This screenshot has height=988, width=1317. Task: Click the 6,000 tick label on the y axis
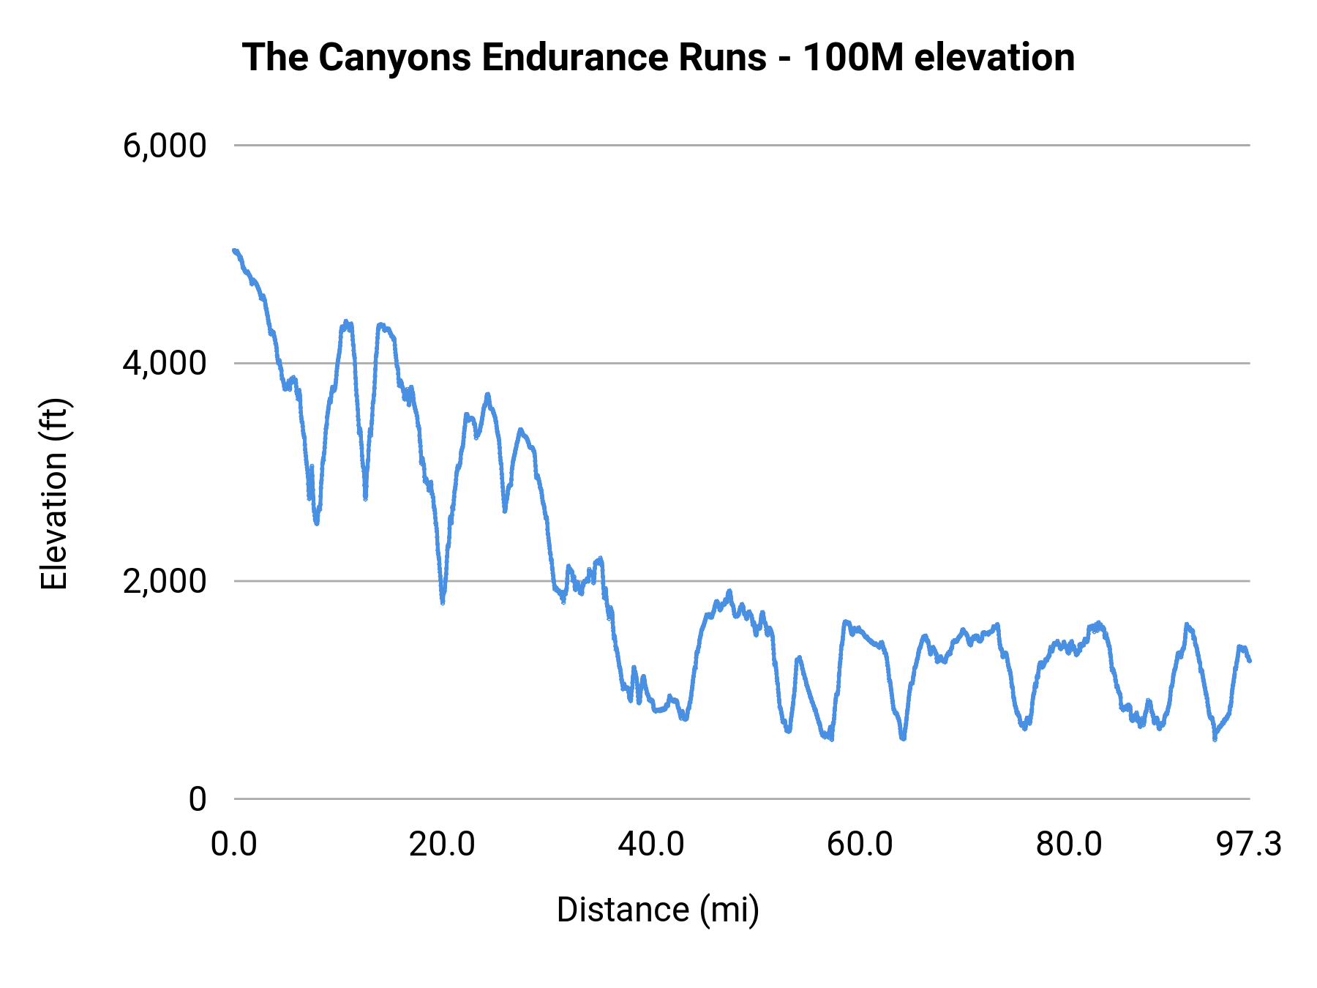point(165,146)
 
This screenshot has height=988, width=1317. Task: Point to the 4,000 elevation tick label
point(165,363)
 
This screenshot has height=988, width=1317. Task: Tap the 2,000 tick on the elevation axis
point(165,581)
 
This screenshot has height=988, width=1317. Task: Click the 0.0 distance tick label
point(234,845)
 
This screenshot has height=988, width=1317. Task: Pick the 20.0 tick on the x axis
point(442,845)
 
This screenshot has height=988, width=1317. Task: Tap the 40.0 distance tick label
point(651,845)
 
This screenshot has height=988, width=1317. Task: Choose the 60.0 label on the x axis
point(860,845)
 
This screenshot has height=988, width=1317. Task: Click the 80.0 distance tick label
point(1069,845)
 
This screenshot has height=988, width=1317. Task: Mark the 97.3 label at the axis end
point(1249,845)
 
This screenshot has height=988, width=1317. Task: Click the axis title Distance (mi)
point(658,910)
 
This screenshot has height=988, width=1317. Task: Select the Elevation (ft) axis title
point(54,494)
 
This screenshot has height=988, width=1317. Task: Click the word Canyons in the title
point(395,58)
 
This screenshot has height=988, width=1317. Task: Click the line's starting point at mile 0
point(234,250)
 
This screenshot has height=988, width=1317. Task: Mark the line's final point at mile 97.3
point(1250,661)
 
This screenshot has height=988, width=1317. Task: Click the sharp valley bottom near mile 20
point(443,602)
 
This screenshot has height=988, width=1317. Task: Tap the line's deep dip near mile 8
point(316,523)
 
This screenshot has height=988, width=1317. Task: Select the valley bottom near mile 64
point(903,738)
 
